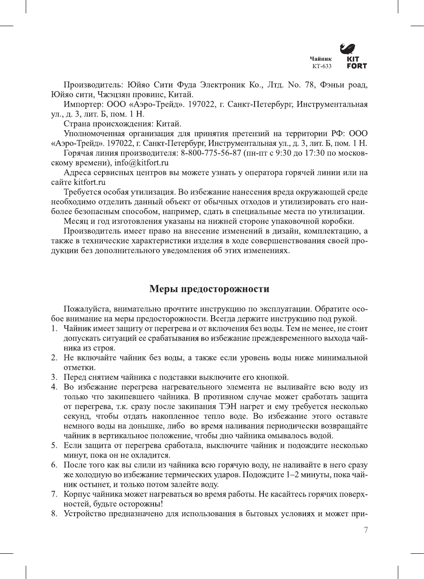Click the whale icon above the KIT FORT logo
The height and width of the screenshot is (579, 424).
coord(348,49)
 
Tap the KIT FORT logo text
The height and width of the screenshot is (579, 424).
coord(356,62)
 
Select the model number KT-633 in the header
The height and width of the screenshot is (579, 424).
coord(322,66)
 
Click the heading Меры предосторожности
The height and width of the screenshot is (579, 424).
coord(209,289)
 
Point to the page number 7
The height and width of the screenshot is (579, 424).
coord(365,530)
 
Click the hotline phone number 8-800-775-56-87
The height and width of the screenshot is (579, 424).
coord(211,153)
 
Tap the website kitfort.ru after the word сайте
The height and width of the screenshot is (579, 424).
coord(90,182)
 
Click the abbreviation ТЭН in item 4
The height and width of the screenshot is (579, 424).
coord(224,406)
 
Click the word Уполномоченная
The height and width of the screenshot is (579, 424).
coord(94,133)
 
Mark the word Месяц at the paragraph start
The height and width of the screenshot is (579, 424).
coord(76,221)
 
